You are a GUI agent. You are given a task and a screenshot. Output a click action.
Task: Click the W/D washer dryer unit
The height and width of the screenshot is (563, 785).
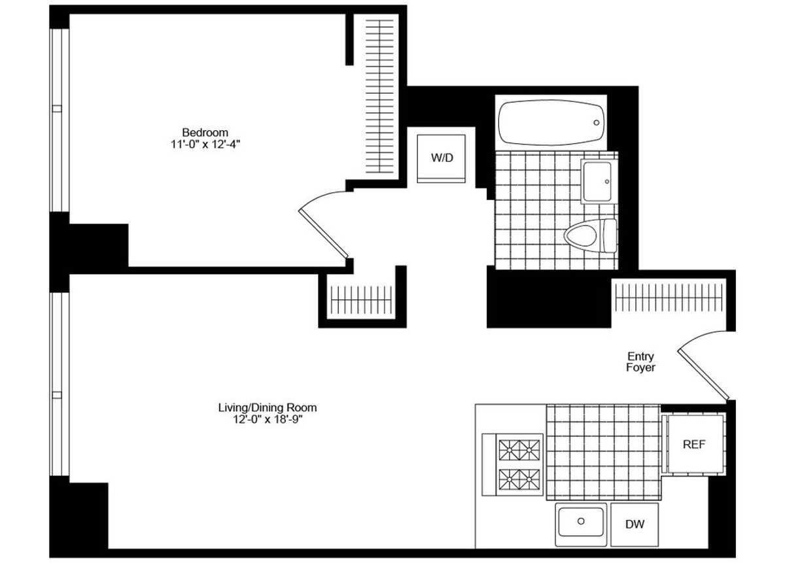[442, 158]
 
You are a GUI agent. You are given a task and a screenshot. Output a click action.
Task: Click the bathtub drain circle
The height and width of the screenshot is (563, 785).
[597, 122]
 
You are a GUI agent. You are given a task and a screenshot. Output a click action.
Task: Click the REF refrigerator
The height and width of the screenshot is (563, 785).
[694, 445]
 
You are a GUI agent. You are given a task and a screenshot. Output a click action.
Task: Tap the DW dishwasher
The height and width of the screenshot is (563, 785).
[634, 524]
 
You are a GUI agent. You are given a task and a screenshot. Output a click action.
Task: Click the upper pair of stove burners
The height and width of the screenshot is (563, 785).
[521, 451]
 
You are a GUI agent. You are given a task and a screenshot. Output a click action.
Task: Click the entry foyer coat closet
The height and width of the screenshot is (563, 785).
[670, 298]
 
